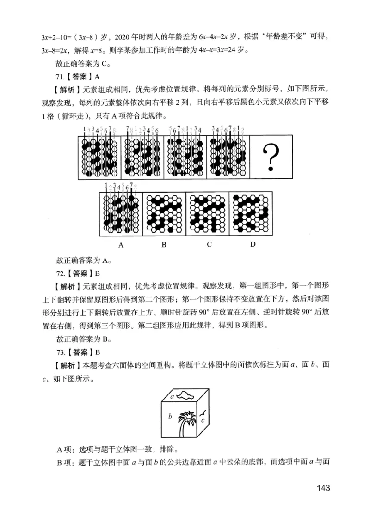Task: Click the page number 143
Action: point(320,488)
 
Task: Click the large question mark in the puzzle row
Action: point(271,156)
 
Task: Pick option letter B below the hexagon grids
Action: point(164,244)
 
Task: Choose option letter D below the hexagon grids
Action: point(253,244)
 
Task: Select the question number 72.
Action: point(60,273)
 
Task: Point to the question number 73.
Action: point(60,352)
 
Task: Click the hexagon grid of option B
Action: point(164,212)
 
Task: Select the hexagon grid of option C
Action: point(208,212)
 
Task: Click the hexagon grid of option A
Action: point(121,212)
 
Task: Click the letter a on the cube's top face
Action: point(172,396)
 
